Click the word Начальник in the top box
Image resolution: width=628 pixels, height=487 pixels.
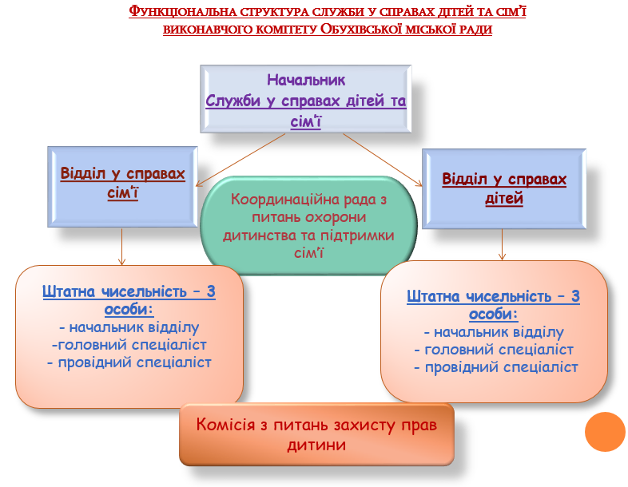(305, 80)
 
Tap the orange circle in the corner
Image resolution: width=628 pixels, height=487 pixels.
(604, 432)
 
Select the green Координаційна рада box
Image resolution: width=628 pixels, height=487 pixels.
(308, 226)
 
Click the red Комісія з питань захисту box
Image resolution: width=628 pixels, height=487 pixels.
(316, 434)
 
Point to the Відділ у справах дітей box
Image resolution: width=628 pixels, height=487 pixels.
(503, 188)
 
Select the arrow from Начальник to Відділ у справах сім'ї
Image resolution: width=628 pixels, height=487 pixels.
(240, 156)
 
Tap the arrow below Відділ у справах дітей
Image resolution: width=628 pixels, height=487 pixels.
(502, 243)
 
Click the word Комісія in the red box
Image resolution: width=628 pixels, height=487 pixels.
(230, 425)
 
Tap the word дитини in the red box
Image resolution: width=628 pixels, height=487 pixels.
(316, 445)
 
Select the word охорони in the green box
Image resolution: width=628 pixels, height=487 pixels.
(332, 218)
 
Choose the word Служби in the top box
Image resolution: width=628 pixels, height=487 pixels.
(236, 101)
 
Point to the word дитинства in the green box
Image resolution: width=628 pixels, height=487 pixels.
(259, 236)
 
